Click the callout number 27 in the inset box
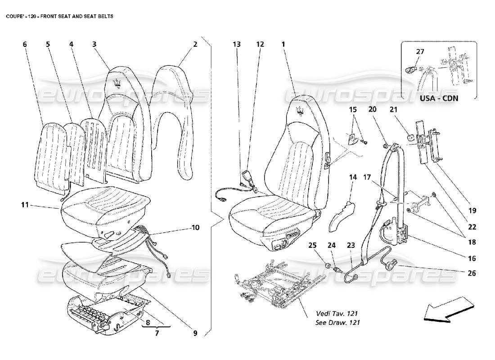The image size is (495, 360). pos(419,52)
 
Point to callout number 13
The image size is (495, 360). pos(237,44)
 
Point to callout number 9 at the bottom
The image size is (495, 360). pos(195,333)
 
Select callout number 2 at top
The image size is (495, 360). pos(195,44)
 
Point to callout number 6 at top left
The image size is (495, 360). pos(24,44)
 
